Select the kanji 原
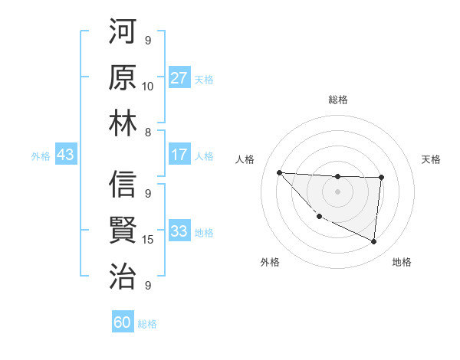pos(123,79)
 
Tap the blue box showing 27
pos(179,78)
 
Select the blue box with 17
pos(179,155)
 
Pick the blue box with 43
pos(65,155)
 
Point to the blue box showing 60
pos(123,323)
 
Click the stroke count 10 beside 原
pos(147,86)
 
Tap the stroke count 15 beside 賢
pos(147,239)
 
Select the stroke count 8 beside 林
pos(147,131)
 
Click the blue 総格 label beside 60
pos(147,324)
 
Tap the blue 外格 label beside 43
pos(41,156)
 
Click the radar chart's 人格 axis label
pos(246,159)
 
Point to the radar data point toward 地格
pos(373,242)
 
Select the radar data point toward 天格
pos(381,177)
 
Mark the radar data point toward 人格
pos(279,172)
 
